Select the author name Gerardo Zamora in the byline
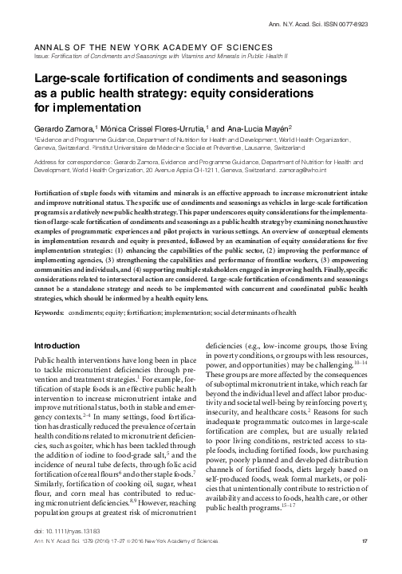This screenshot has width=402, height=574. (69, 128)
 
